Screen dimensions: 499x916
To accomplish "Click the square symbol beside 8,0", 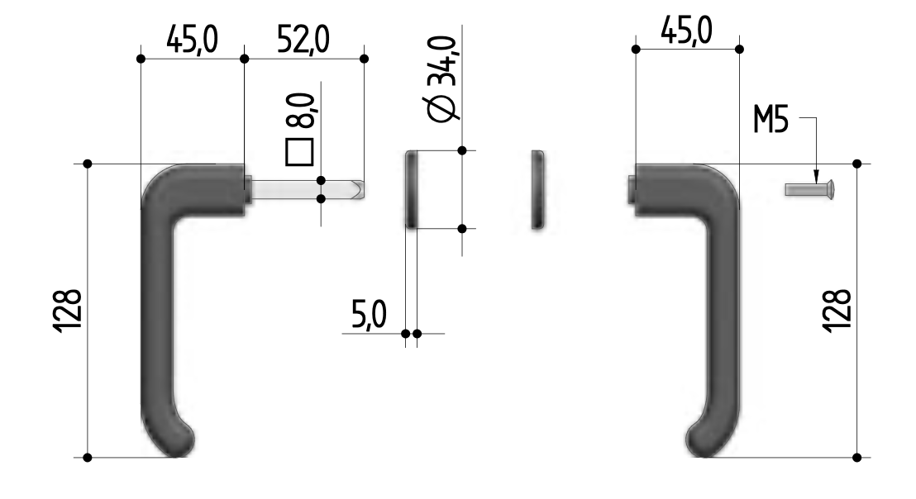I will (x=299, y=153).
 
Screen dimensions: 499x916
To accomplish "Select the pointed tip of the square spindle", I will (x=360, y=189).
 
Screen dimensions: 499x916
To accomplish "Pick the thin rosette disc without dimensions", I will (x=537, y=189).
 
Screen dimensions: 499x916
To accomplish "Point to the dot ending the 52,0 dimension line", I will (x=364, y=58).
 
